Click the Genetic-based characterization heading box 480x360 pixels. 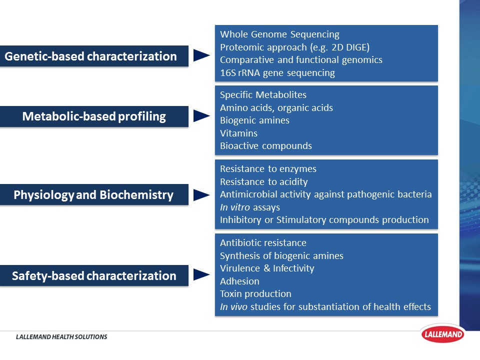coord(94,56)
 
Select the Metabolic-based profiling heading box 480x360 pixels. coord(94,116)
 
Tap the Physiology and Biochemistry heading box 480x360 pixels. coord(94,194)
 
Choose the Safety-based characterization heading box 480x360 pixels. coord(94,275)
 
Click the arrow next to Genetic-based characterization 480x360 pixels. coord(201,55)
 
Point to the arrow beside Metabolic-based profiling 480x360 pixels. coord(201,116)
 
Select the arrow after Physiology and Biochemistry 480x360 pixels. coord(201,195)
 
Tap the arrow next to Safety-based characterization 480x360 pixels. coord(201,274)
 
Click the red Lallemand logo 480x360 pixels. coord(442,333)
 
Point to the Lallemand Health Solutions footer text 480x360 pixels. coord(61,337)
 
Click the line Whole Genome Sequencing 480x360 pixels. coord(279,34)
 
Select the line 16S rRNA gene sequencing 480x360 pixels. coord(277,73)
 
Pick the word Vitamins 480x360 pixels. coord(238,133)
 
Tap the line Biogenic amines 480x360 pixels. coord(254,120)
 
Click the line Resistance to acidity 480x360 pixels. coord(263,182)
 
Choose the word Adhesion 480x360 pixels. coord(239,281)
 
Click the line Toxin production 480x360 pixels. coord(255,294)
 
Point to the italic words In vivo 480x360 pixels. coord(233,306)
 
